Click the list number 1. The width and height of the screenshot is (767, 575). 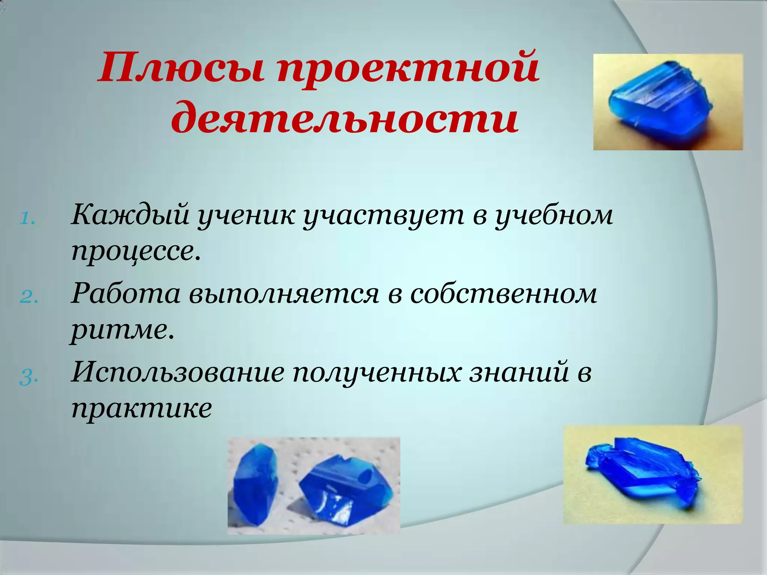pos(27,219)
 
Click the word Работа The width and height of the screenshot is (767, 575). pos(126,294)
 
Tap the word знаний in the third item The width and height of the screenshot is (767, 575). pos(519,372)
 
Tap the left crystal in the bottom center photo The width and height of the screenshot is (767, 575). pos(255,483)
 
